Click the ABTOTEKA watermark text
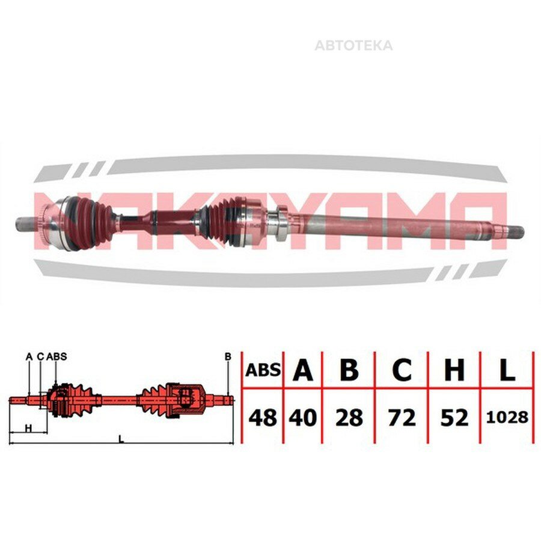353,46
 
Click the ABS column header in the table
263,370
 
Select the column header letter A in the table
303,370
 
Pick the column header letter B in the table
349,370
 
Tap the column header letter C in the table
402,370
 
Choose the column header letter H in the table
454,370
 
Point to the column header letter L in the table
507,370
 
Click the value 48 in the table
263,418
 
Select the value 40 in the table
302,418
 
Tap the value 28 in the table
349,418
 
